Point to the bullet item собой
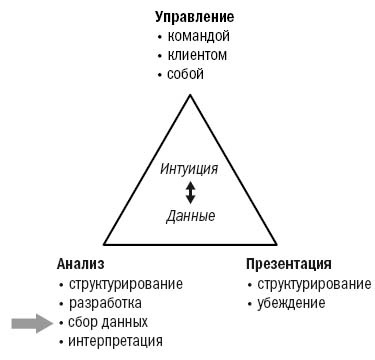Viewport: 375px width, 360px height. pos(189,75)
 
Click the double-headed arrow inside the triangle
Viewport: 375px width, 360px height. pos(190,193)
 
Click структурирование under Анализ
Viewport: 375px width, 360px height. pos(125,284)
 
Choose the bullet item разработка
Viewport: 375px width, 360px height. pos(104,303)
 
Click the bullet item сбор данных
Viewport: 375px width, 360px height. pos(108,322)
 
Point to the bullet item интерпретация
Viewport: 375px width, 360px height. pos(115,341)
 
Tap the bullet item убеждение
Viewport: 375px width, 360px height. pos(291,303)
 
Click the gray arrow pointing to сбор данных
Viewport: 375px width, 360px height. pos(30,322)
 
